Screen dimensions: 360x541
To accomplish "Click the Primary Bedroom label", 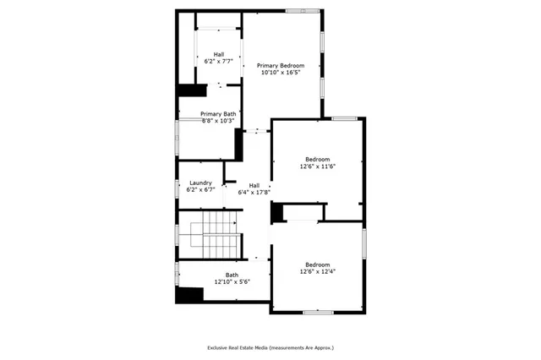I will (280, 65).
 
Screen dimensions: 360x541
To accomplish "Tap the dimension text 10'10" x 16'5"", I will (280, 73).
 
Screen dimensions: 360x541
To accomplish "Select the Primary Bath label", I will (218, 114).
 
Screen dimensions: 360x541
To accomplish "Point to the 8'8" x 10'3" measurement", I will (218, 121).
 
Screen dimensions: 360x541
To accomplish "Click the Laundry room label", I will (200, 183).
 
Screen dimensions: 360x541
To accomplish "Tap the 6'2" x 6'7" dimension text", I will (200, 190).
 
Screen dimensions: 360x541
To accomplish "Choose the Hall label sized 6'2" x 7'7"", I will (219, 54).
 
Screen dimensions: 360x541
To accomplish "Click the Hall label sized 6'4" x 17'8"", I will (254, 185).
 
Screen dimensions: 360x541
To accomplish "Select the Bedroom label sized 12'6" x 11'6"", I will (317, 159).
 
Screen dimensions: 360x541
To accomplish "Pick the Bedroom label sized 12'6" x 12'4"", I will (317, 264).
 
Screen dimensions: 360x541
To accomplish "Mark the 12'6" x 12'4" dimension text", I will (317, 271).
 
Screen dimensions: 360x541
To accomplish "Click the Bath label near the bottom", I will (232, 275).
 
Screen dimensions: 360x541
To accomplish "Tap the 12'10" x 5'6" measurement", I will (232, 281).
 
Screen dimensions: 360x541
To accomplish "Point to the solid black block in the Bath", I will (190, 295).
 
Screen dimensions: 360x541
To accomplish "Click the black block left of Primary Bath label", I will (192, 90).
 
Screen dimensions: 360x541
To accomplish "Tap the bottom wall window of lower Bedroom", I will (316, 313).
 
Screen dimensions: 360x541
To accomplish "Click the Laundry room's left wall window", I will (178, 188).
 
